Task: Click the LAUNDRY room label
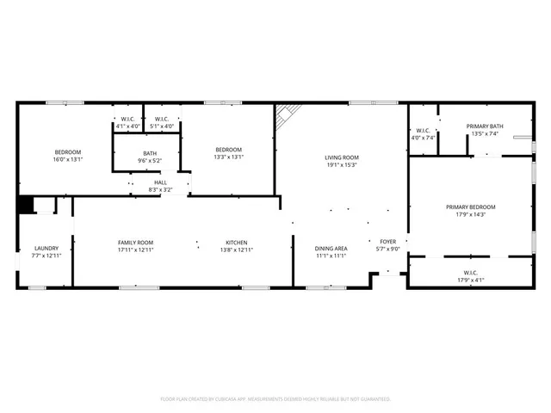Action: pyautogui.click(x=34, y=248)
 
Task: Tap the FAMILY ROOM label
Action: pyautogui.click(x=135, y=243)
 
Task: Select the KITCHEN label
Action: pyautogui.click(x=237, y=243)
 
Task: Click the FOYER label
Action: pyautogui.click(x=387, y=243)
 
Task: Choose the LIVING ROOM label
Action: pyautogui.click(x=341, y=157)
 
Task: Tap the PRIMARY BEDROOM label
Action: pyautogui.click(x=470, y=206)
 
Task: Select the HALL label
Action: pyautogui.click(x=161, y=182)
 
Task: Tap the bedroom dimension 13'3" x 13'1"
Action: pyautogui.click(x=228, y=157)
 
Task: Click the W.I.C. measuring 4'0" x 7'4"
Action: pyautogui.click(x=424, y=137)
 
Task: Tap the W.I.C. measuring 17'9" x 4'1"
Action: pyautogui.click(x=470, y=280)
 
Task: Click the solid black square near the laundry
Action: pyautogui.click(x=26, y=205)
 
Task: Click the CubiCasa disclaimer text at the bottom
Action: pyautogui.click(x=275, y=399)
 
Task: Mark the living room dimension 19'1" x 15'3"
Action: pyautogui.click(x=341, y=165)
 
